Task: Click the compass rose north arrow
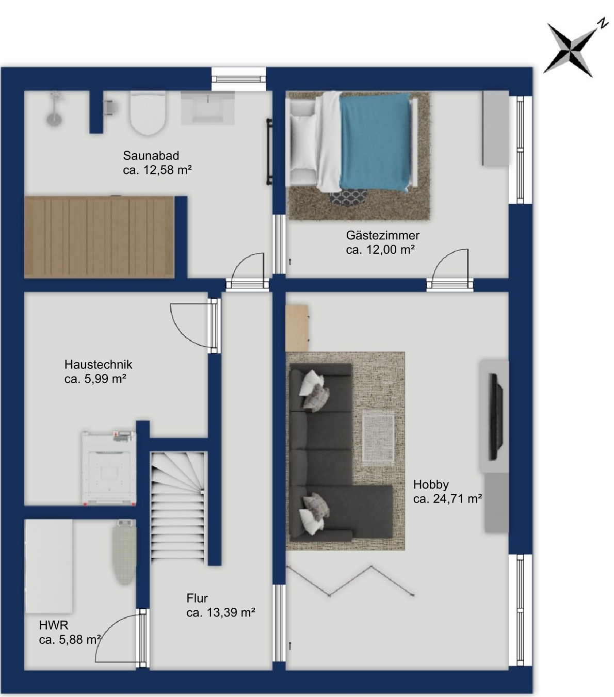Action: (x=571, y=51)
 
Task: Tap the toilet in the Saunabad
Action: (x=148, y=112)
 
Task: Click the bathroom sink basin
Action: (x=207, y=107)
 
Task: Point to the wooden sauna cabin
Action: (x=99, y=237)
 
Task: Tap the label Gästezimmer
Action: (x=383, y=235)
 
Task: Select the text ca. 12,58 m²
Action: (x=157, y=170)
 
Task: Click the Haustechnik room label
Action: (x=99, y=364)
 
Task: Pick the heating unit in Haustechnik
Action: (x=109, y=468)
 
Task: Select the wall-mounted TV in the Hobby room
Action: (x=496, y=416)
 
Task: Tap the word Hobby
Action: (x=431, y=484)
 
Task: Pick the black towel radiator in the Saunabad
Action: (x=269, y=151)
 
